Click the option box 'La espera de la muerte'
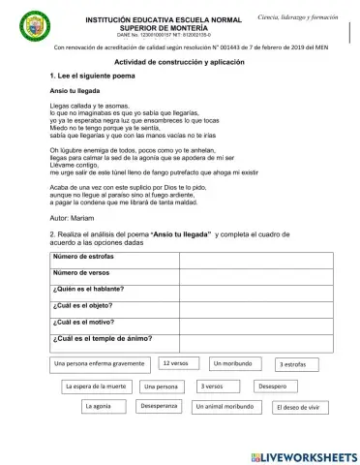pyautogui.click(x=96, y=386)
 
